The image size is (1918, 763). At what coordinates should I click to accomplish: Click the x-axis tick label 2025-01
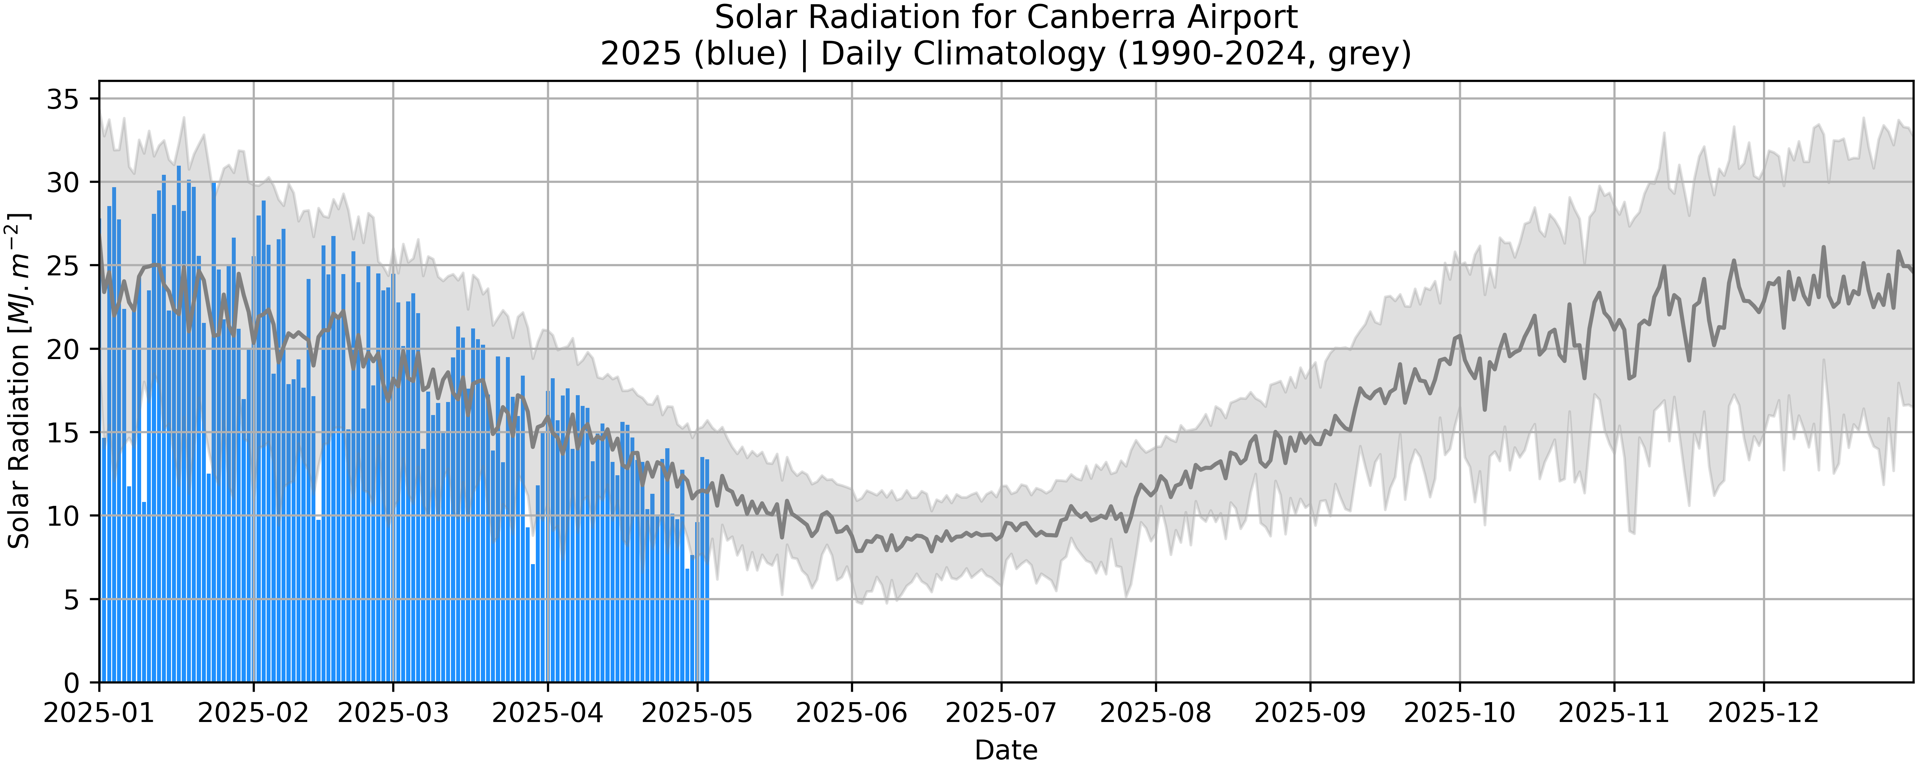(99, 713)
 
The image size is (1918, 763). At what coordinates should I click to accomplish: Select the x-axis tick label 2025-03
(393, 713)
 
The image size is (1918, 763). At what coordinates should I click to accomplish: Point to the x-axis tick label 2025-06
(852, 713)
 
